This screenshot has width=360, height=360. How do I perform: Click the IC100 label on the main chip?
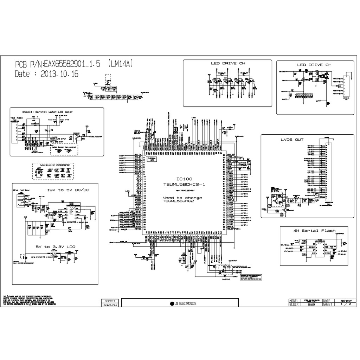(x=181, y=179)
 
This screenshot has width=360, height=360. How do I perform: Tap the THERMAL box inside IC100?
(x=153, y=159)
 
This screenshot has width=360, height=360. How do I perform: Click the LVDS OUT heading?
(x=292, y=140)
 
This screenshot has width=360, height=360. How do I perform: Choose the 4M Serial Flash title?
(x=314, y=231)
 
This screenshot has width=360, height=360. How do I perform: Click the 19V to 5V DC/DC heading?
(x=68, y=190)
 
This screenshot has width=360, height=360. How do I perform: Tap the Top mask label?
(x=17, y=118)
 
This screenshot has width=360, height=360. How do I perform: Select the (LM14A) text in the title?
(x=121, y=64)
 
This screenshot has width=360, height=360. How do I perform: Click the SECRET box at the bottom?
(x=110, y=301)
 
